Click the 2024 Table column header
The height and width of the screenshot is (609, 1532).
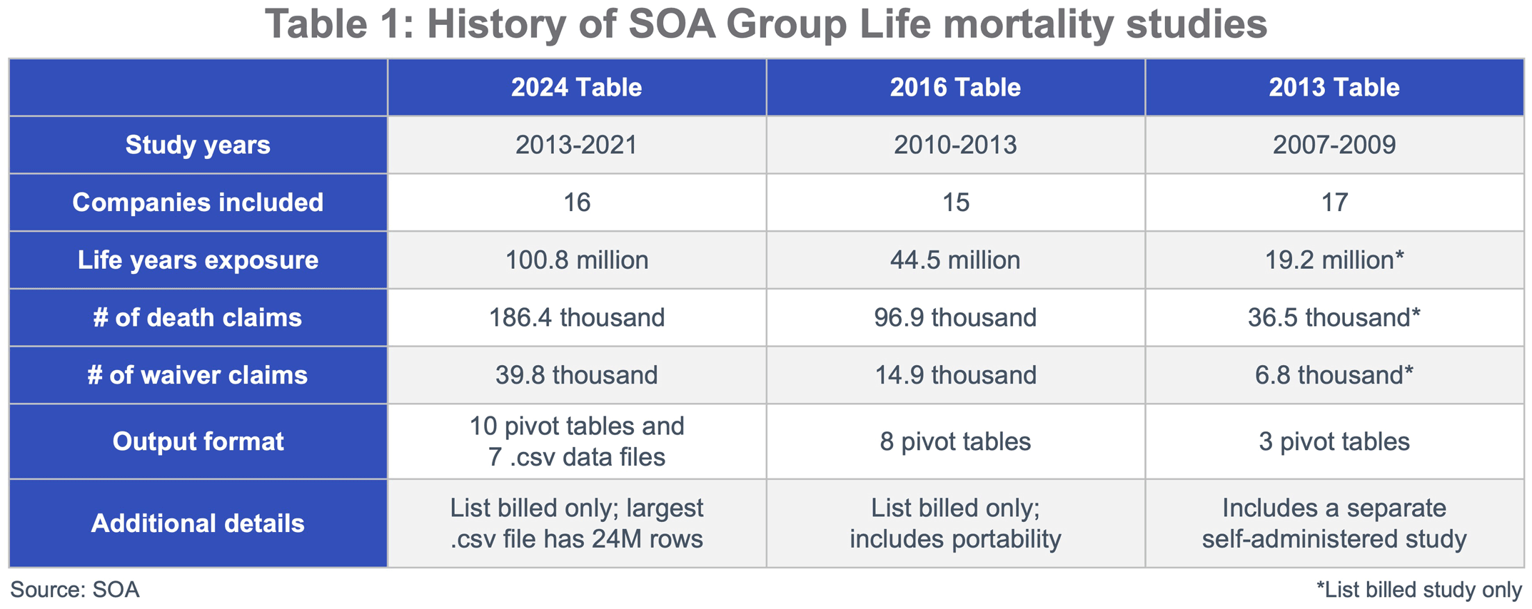click(576, 88)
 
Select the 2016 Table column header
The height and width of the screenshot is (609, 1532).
click(955, 88)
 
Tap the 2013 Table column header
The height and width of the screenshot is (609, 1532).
click(1334, 88)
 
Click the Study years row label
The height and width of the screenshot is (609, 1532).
click(198, 145)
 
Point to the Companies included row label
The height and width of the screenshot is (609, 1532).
click(198, 203)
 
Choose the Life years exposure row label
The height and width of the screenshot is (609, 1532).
click(198, 260)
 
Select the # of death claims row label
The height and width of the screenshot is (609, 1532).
click(198, 317)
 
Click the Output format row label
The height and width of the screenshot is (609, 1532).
click(198, 441)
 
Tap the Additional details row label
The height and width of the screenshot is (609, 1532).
click(198, 523)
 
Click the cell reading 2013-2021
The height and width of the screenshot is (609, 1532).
click(576, 145)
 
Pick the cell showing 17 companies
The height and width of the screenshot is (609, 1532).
click(1334, 203)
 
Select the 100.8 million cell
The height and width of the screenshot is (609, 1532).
click(576, 260)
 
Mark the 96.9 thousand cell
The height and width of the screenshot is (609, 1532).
click(955, 317)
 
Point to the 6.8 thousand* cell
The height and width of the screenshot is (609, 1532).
click(1334, 375)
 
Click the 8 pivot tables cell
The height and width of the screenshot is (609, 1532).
click(955, 441)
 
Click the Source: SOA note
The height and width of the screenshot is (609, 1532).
click(75, 590)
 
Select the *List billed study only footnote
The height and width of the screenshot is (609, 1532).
click(1419, 590)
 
